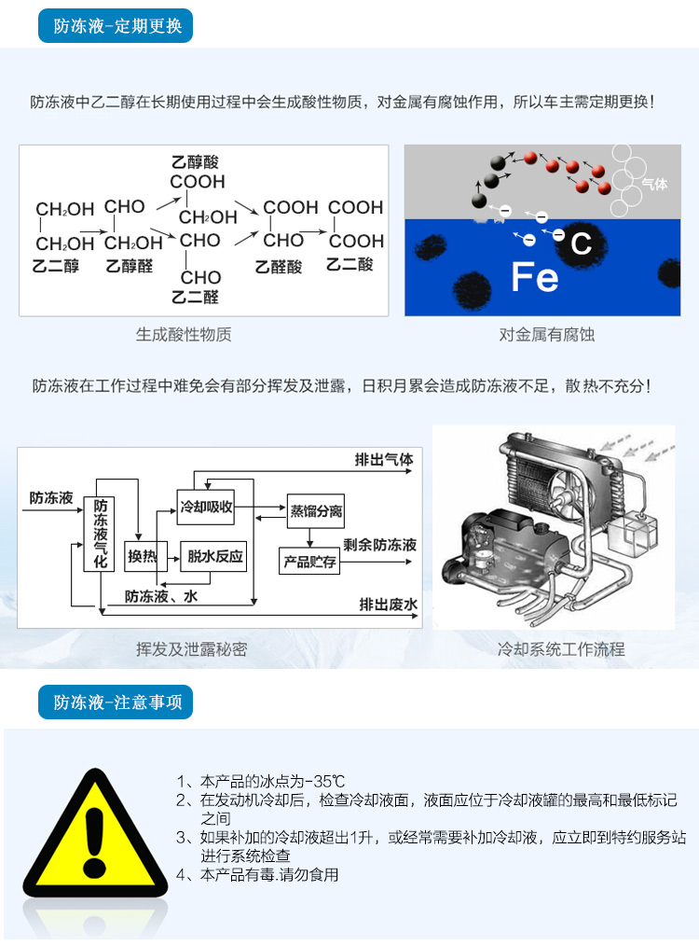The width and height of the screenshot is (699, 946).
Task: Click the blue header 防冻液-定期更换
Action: [115, 26]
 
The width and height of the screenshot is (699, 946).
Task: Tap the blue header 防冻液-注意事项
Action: [115, 703]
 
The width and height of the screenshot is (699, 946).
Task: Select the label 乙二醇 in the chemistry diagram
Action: [56, 266]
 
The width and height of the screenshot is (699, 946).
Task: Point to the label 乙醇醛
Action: [130, 266]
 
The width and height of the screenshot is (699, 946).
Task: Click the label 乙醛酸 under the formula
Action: [279, 266]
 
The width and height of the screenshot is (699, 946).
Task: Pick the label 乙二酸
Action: [349, 264]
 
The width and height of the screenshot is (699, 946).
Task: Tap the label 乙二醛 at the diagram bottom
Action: [195, 297]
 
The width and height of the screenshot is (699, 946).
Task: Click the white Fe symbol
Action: [534, 277]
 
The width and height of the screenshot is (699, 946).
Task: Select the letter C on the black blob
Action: [581, 243]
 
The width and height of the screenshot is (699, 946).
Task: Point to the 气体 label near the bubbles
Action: [654, 184]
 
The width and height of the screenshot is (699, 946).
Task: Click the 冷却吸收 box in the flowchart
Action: [205, 507]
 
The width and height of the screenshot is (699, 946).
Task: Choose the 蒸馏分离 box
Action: [316, 511]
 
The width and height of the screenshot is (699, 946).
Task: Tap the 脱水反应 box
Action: [213, 556]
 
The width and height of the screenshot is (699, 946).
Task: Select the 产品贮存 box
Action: [309, 561]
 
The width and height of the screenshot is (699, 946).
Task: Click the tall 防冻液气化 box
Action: [100, 534]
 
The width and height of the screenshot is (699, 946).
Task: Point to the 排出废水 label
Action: [388, 604]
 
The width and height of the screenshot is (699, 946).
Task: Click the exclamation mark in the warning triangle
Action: [95, 842]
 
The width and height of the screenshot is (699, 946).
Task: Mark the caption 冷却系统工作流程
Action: [561, 649]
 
